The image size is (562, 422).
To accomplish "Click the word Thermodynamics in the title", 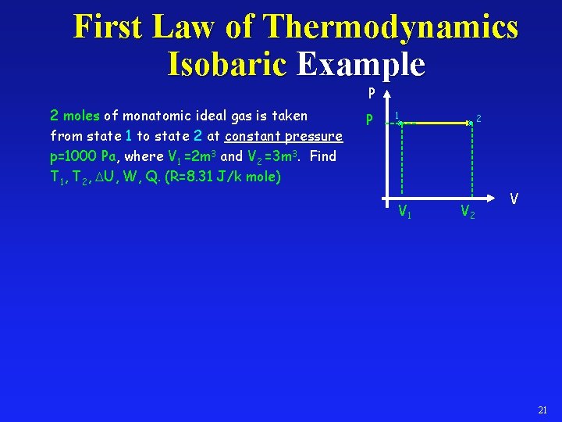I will (x=391, y=27).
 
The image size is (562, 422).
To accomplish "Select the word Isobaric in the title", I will (x=226, y=63).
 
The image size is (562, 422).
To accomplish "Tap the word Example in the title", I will (x=361, y=63).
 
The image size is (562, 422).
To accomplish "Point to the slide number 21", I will (x=542, y=410).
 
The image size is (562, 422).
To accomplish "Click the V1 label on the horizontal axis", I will (x=405, y=210).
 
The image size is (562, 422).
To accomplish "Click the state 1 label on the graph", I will (x=397, y=115).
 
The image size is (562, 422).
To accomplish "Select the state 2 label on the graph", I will (x=478, y=118).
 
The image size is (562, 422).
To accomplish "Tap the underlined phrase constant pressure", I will (x=283, y=136).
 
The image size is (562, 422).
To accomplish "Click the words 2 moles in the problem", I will (x=75, y=116).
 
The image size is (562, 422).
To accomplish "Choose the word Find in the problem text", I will (x=322, y=156).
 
